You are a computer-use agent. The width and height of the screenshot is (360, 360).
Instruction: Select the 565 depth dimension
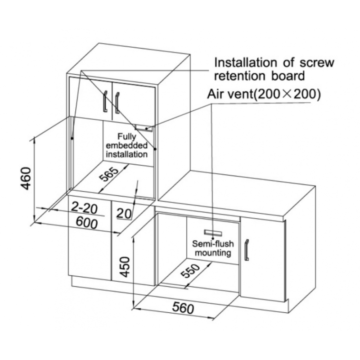(109, 174)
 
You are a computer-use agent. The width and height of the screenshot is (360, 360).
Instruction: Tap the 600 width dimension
(87, 223)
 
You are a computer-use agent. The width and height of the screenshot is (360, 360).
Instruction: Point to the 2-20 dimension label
(84, 207)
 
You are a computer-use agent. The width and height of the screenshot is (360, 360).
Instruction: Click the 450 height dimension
(125, 267)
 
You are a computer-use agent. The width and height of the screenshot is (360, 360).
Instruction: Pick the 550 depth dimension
(190, 270)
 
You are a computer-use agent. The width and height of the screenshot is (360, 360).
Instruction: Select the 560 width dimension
(183, 308)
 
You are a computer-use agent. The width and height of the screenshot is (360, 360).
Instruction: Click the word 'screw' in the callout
(317, 63)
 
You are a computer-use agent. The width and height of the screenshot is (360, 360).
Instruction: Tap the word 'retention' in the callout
(240, 76)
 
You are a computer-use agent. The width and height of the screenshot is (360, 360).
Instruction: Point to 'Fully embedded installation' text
(126, 145)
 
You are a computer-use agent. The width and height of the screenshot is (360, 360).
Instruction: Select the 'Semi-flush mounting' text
(213, 248)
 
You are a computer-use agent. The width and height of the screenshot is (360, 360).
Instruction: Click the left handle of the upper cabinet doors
(105, 101)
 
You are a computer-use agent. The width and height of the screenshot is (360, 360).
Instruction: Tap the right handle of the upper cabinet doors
(117, 103)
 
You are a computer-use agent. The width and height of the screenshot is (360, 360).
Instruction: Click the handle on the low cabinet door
(247, 250)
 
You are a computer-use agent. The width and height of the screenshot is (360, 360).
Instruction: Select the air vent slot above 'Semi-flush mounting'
(213, 233)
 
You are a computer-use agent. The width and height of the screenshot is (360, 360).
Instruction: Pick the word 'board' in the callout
(288, 76)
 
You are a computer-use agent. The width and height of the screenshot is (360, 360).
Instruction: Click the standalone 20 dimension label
(124, 213)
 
